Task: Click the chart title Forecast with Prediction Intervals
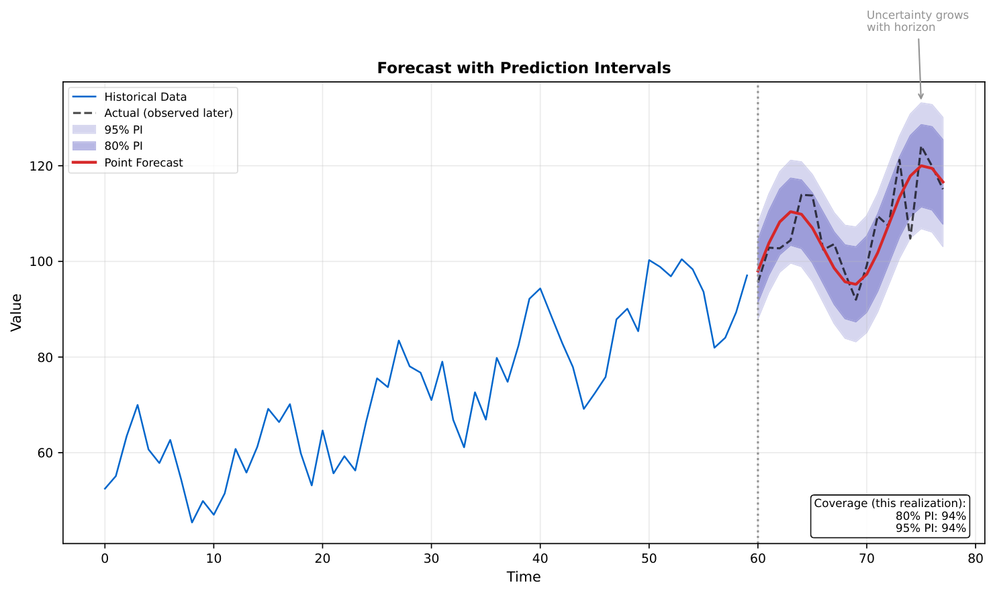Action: click(524, 68)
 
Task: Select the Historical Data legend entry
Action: click(145, 97)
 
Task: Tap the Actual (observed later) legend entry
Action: click(168, 113)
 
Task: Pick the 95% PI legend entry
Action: click(123, 130)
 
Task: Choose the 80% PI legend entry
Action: click(123, 146)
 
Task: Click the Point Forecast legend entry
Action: click(143, 163)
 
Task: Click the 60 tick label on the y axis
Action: click(46, 453)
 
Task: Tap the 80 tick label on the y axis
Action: click(46, 357)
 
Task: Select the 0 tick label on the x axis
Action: click(105, 559)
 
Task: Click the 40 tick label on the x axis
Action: click(540, 559)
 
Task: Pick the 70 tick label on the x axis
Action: click(866, 559)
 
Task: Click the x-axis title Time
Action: click(524, 577)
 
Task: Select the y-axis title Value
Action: click(17, 312)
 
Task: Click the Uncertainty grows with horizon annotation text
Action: click(917, 21)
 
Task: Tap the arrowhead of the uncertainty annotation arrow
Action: click(921, 97)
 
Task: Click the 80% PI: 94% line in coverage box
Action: click(931, 516)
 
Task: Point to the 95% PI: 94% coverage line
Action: click(931, 528)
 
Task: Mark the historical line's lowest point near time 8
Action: click(192, 522)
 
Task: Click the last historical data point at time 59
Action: click(747, 275)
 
